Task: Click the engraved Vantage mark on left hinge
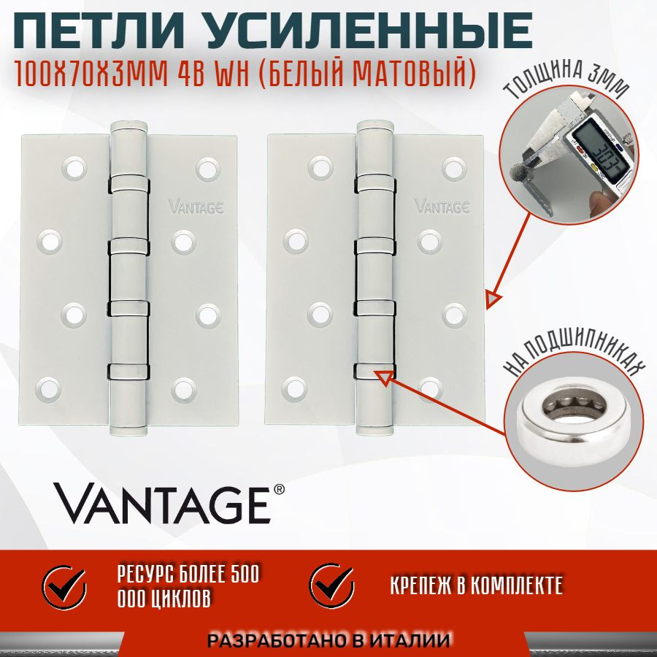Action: (x=194, y=205)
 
